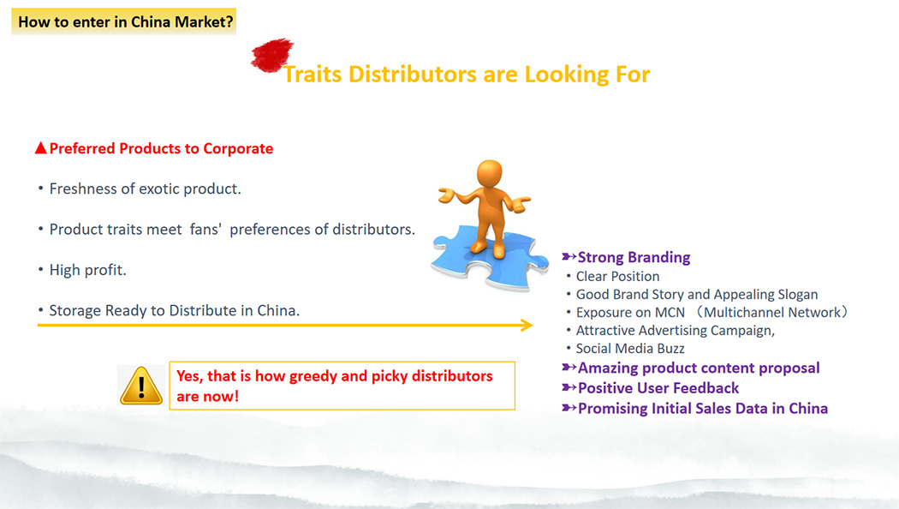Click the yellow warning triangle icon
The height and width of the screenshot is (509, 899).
141,386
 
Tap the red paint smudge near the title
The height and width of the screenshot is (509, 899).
271,55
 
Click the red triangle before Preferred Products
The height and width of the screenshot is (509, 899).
40,148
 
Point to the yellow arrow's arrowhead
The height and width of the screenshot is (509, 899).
527,326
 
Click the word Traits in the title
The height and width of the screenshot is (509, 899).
313,75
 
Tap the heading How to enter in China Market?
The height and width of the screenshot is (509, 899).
126,21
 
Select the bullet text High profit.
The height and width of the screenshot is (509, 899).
87,270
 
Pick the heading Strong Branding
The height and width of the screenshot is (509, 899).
634,257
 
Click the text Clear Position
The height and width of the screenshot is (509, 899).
617,277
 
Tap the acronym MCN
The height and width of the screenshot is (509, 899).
670,313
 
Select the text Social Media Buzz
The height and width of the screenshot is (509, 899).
630,348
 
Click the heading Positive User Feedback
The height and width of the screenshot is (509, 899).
658,388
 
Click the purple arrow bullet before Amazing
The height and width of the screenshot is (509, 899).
569,368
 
